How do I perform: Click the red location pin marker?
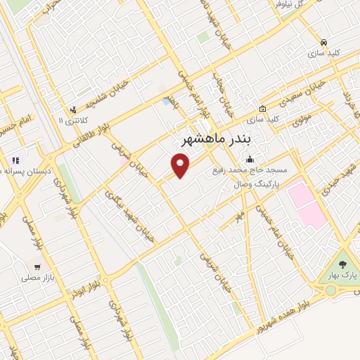tap(181, 165)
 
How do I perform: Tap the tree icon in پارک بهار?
tap(342, 264)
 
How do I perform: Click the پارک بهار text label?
tap(342, 276)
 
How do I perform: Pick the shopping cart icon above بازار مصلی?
tap(37, 266)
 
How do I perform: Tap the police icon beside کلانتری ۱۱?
tap(73, 110)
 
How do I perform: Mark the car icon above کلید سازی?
tap(323, 41)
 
